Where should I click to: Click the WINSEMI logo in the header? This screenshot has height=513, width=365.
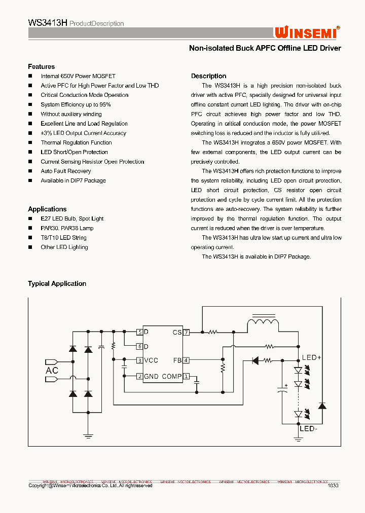[x=307, y=32]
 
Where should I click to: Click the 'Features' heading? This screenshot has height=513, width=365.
[x=41, y=66]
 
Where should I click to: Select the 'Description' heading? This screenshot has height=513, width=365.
[x=208, y=76]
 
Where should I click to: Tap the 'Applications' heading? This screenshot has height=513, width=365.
[x=47, y=209]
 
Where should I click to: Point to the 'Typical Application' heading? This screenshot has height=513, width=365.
[x=57, y=283]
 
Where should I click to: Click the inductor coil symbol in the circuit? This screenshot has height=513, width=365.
[x=262, y=322]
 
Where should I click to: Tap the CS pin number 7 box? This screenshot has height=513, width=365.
[x=186, y=333]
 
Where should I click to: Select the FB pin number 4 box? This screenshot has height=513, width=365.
[x=186, y=360]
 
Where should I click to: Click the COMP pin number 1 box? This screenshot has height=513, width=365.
[x=186, y=376]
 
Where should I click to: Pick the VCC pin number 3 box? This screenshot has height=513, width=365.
[x=139, y=360]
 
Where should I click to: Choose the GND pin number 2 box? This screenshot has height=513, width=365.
[x=139, y=376]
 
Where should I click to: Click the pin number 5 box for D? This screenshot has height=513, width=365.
[x=139, y=333]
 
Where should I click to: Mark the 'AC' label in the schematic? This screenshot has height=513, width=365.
[x=52, y=371]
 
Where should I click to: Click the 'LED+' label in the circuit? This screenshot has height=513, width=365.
[x=312, y=357]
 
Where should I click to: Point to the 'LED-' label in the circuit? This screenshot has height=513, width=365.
[x=308, y=428]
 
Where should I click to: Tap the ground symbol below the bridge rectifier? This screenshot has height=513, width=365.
[x=88, y=434]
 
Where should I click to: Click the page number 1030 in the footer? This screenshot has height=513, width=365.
[x=333, y=486]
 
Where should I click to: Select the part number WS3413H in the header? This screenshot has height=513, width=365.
[x=47, y=23]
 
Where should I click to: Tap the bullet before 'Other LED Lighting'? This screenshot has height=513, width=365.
[x=30, y=247]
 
